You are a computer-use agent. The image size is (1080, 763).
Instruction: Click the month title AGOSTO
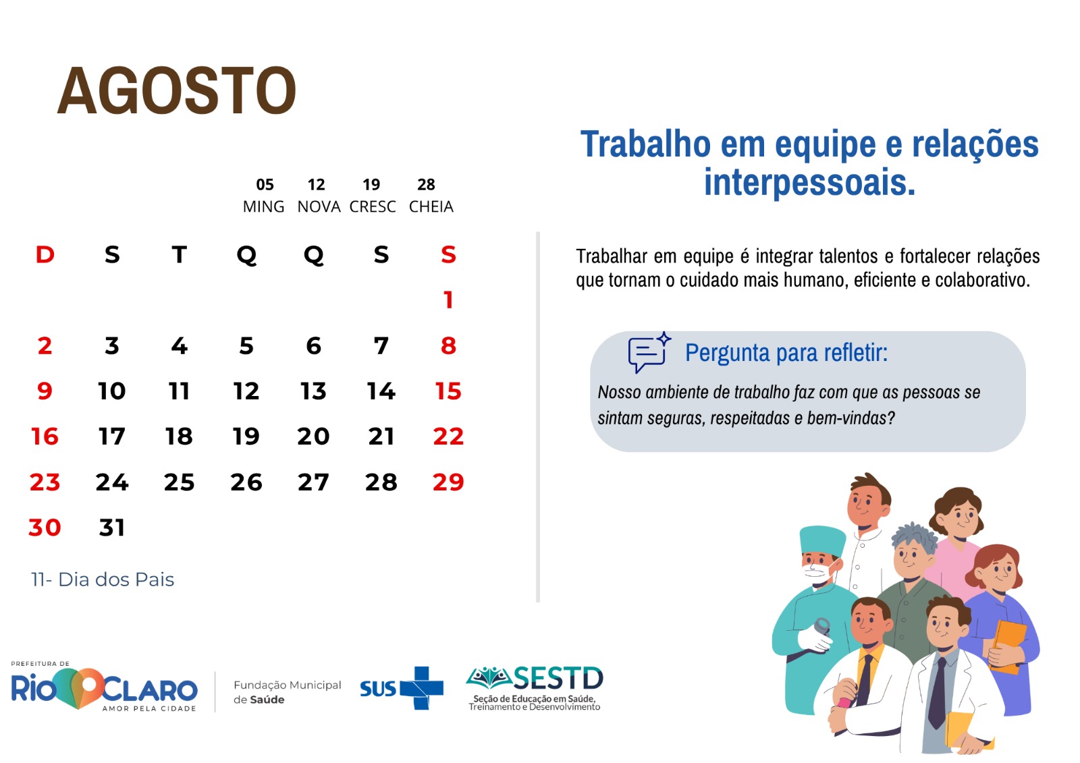[x=176, y=90]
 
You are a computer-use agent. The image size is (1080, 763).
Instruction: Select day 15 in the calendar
[x=448, y=391]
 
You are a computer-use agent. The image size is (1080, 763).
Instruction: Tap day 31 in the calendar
[x=112, y=528]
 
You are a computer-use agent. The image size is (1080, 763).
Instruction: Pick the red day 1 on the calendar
[x=448, y=300]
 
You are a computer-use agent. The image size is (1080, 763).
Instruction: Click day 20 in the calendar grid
[x=313, y=436]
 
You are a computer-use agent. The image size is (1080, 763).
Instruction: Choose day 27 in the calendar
[x=313, y=482]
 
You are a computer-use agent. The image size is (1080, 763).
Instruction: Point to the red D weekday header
[x=45, y=254]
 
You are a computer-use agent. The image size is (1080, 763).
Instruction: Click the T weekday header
[x=180, y=254]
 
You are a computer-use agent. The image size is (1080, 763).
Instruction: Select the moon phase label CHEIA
[x=431, y=207]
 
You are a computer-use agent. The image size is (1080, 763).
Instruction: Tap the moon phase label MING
[x=263, y=207]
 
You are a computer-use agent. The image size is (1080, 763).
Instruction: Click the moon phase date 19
[x=371, y=185]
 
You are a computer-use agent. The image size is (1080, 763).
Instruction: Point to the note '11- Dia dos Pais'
[x=102, y=580]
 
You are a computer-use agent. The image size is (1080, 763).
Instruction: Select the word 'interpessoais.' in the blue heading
[x=809, y=183]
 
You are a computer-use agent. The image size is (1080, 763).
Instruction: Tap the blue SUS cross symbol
[x=422, y=688]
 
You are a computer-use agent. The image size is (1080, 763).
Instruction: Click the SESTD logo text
[x=558, y=678]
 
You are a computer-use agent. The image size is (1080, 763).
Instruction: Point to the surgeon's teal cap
[x=823, y=541]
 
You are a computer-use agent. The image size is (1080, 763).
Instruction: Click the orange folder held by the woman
[x=1008, y=646]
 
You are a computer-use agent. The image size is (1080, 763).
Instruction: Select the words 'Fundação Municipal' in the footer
[x=288, y=685]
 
